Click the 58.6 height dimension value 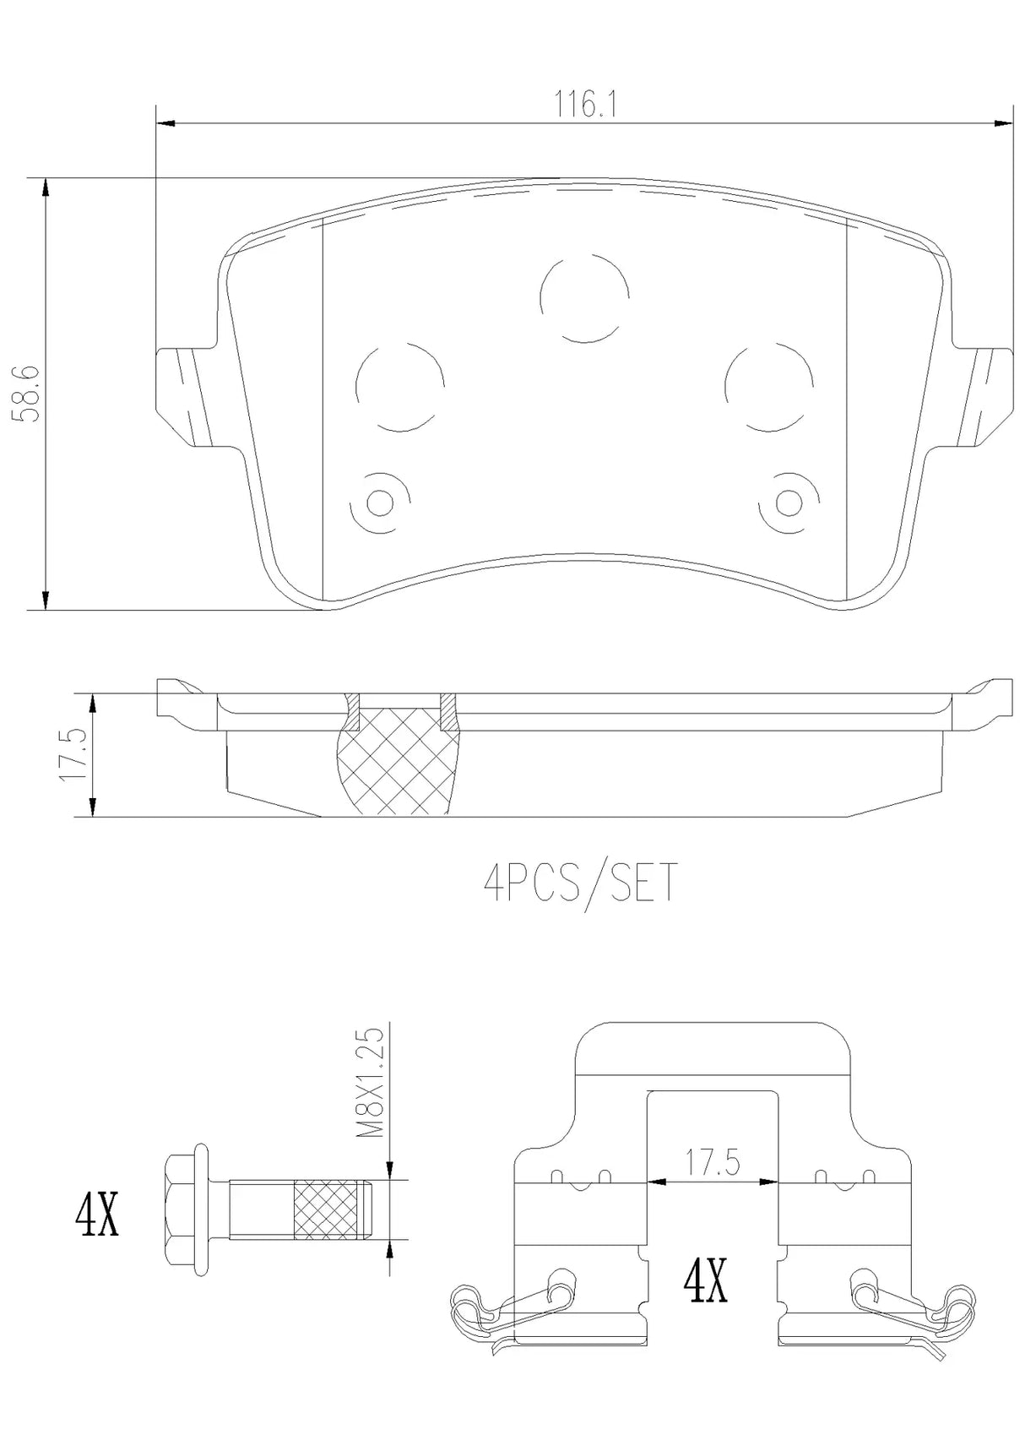(x=24, y=393)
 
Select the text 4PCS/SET (x=580, y=883)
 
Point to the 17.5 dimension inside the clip (x=712, y=1164)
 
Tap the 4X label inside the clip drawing (x=705, y=1282)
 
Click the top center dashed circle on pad (x=584, y=297)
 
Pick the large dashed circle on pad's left (x=400, y=387)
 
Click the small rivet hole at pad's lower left (x=381, y=503)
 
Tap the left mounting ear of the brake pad (x=184, y=393)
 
